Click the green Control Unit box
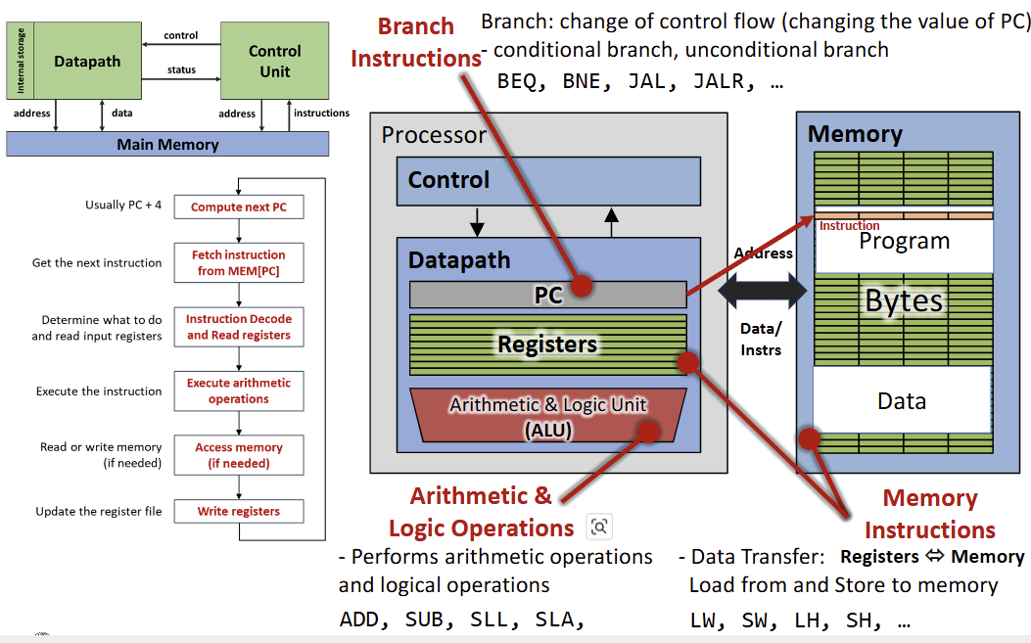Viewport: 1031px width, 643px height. tap(274, 60)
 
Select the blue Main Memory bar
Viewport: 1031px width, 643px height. tap(167, 144)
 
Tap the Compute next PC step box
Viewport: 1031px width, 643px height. tap(238, 207)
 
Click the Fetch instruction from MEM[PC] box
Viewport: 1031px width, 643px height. tap(238, 262)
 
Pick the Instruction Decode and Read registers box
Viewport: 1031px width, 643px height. tap(238, 327)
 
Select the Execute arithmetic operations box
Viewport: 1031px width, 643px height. tap(238, 390)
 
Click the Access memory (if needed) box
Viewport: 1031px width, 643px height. tap(238, 455)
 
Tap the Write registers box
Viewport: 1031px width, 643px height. tap(238, 511)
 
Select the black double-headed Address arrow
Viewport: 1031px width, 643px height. tap(762, 291)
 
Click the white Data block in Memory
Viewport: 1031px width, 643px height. tap(902, 400)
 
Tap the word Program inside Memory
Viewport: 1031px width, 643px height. tap(904, 242)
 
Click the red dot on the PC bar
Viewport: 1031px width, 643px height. tap(582, 286)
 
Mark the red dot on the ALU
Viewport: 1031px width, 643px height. tap(647, 431)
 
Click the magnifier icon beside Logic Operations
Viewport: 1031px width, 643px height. tap(598, 528)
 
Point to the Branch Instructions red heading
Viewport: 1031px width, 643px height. tap(415, 42)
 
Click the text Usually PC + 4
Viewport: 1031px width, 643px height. tap(123, 206)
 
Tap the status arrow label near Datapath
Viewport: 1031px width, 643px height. tap(181, 69)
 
